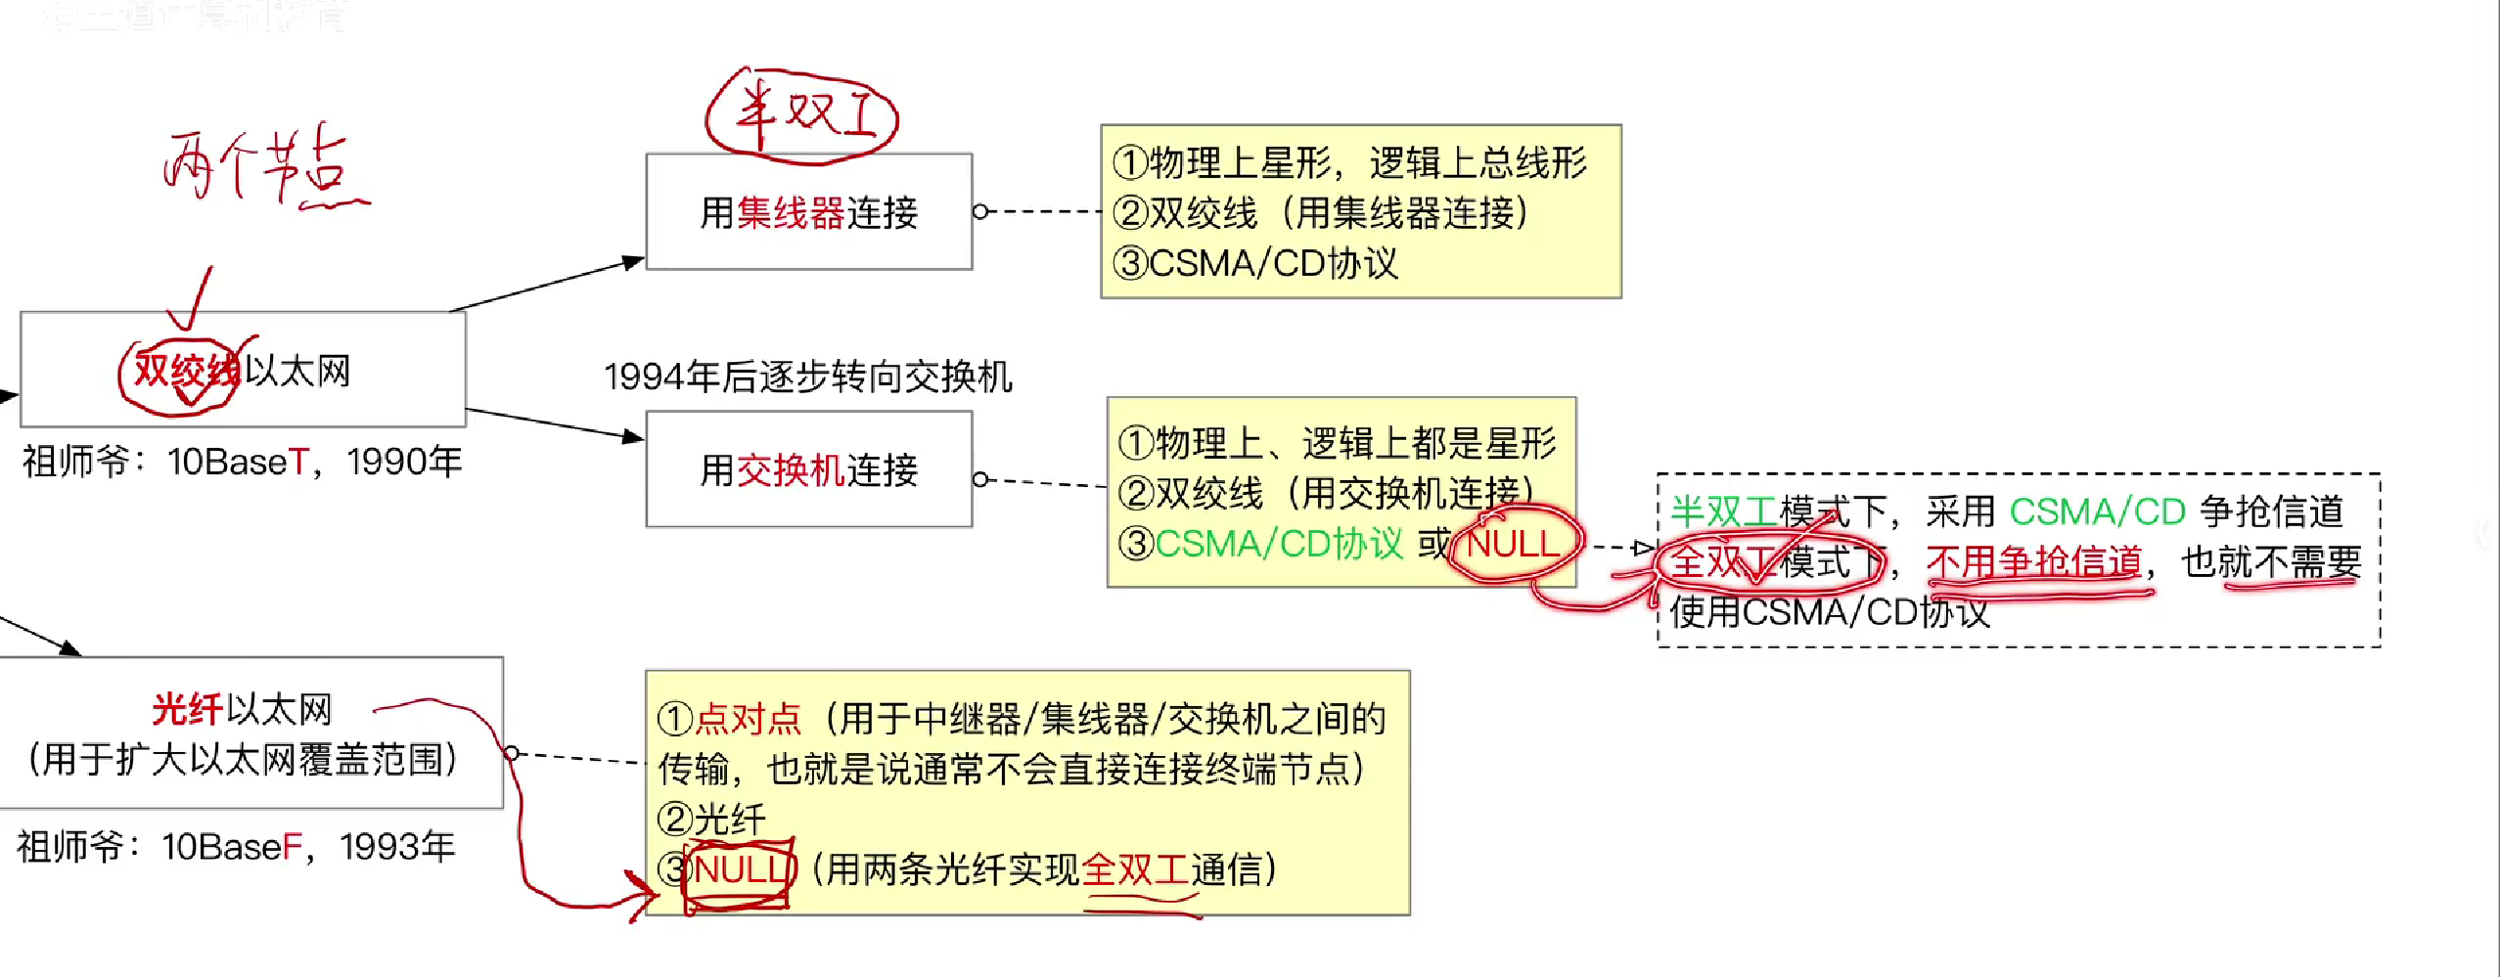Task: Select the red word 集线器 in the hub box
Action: point(791,213)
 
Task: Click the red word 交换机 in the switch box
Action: point(791,470)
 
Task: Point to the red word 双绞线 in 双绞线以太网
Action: point(186,371)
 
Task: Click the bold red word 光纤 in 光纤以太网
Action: point(187,709)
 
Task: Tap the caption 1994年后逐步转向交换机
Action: point(808,377)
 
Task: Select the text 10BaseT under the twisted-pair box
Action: point(238,462)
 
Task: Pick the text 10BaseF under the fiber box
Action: point(232,847)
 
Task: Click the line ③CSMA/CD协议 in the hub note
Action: point(1256,263)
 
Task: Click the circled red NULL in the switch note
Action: point(1513,543)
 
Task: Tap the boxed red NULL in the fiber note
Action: point(741,868)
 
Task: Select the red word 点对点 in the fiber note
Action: point(749,719)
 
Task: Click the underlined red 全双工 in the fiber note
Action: point(1135,868)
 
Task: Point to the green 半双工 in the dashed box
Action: point(1724,511)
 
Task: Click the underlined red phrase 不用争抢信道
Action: point(2034,561)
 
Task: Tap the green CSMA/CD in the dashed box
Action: point(2098,511)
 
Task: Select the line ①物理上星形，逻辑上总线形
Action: point(1350,162)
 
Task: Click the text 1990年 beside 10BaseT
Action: point(404,462)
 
